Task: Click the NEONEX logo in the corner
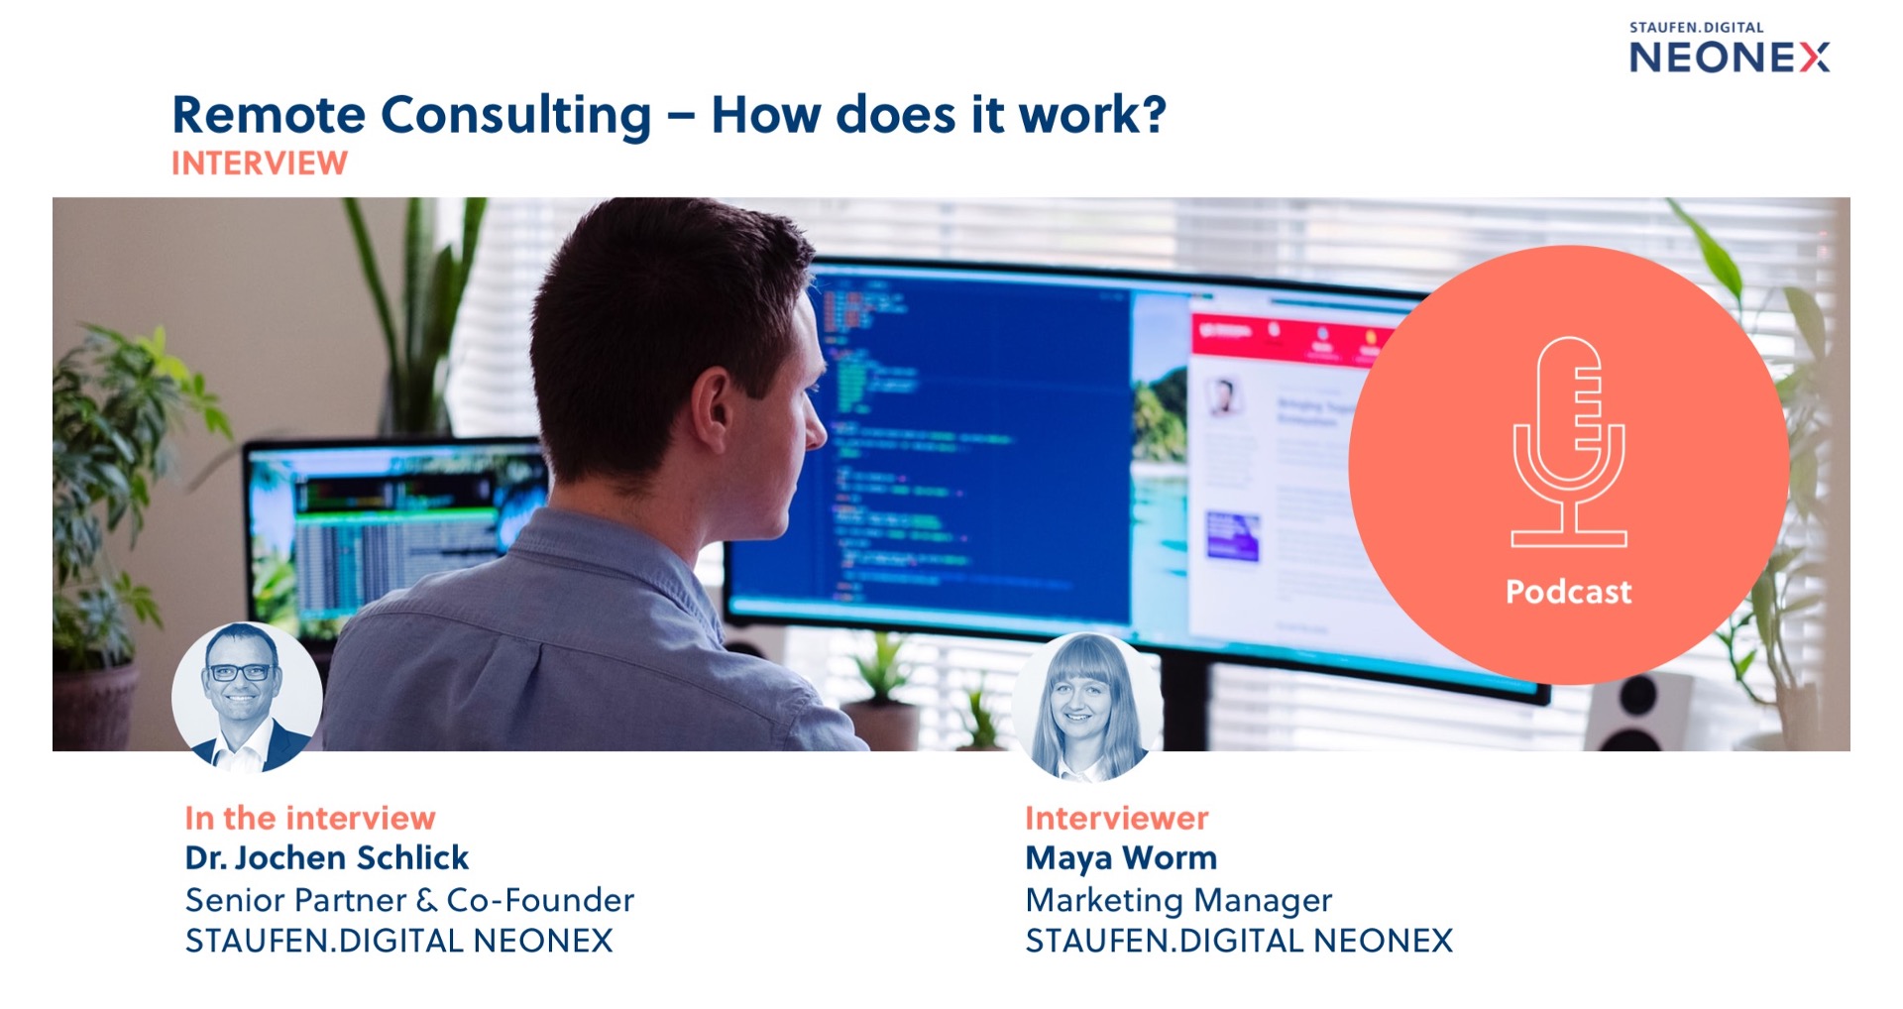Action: point(1730,57)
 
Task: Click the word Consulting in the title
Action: point(515,116)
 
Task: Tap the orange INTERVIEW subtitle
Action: point(260,164)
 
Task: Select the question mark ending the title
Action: point(1152,114)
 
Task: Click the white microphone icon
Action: point(1569,442)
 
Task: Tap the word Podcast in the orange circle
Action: point(1568,592)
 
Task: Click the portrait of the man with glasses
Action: point(247,697)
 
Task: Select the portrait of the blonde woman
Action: point(1087,707)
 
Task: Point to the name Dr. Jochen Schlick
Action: point(326,857)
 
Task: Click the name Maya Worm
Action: point(1121,858)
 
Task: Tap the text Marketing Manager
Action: point(1178,900)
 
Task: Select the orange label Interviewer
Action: point(1117,818)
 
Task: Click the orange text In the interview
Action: point(310,818)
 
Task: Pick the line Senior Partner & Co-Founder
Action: point(409,900)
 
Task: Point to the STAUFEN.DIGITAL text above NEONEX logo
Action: point(1696,28)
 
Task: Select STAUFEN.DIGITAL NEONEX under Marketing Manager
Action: point(1239,941)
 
